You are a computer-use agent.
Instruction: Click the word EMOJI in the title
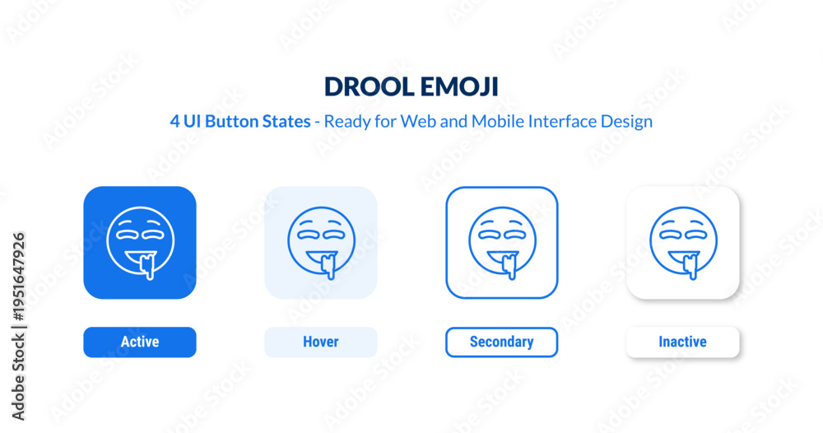click(459, 86)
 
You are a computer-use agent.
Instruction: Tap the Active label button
click(140, 342)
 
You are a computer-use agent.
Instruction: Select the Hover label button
click(321, 342)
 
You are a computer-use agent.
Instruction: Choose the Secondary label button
click(502, 342)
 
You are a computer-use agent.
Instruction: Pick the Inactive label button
click(683, 342)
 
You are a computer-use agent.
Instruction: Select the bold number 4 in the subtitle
click(174, 122)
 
